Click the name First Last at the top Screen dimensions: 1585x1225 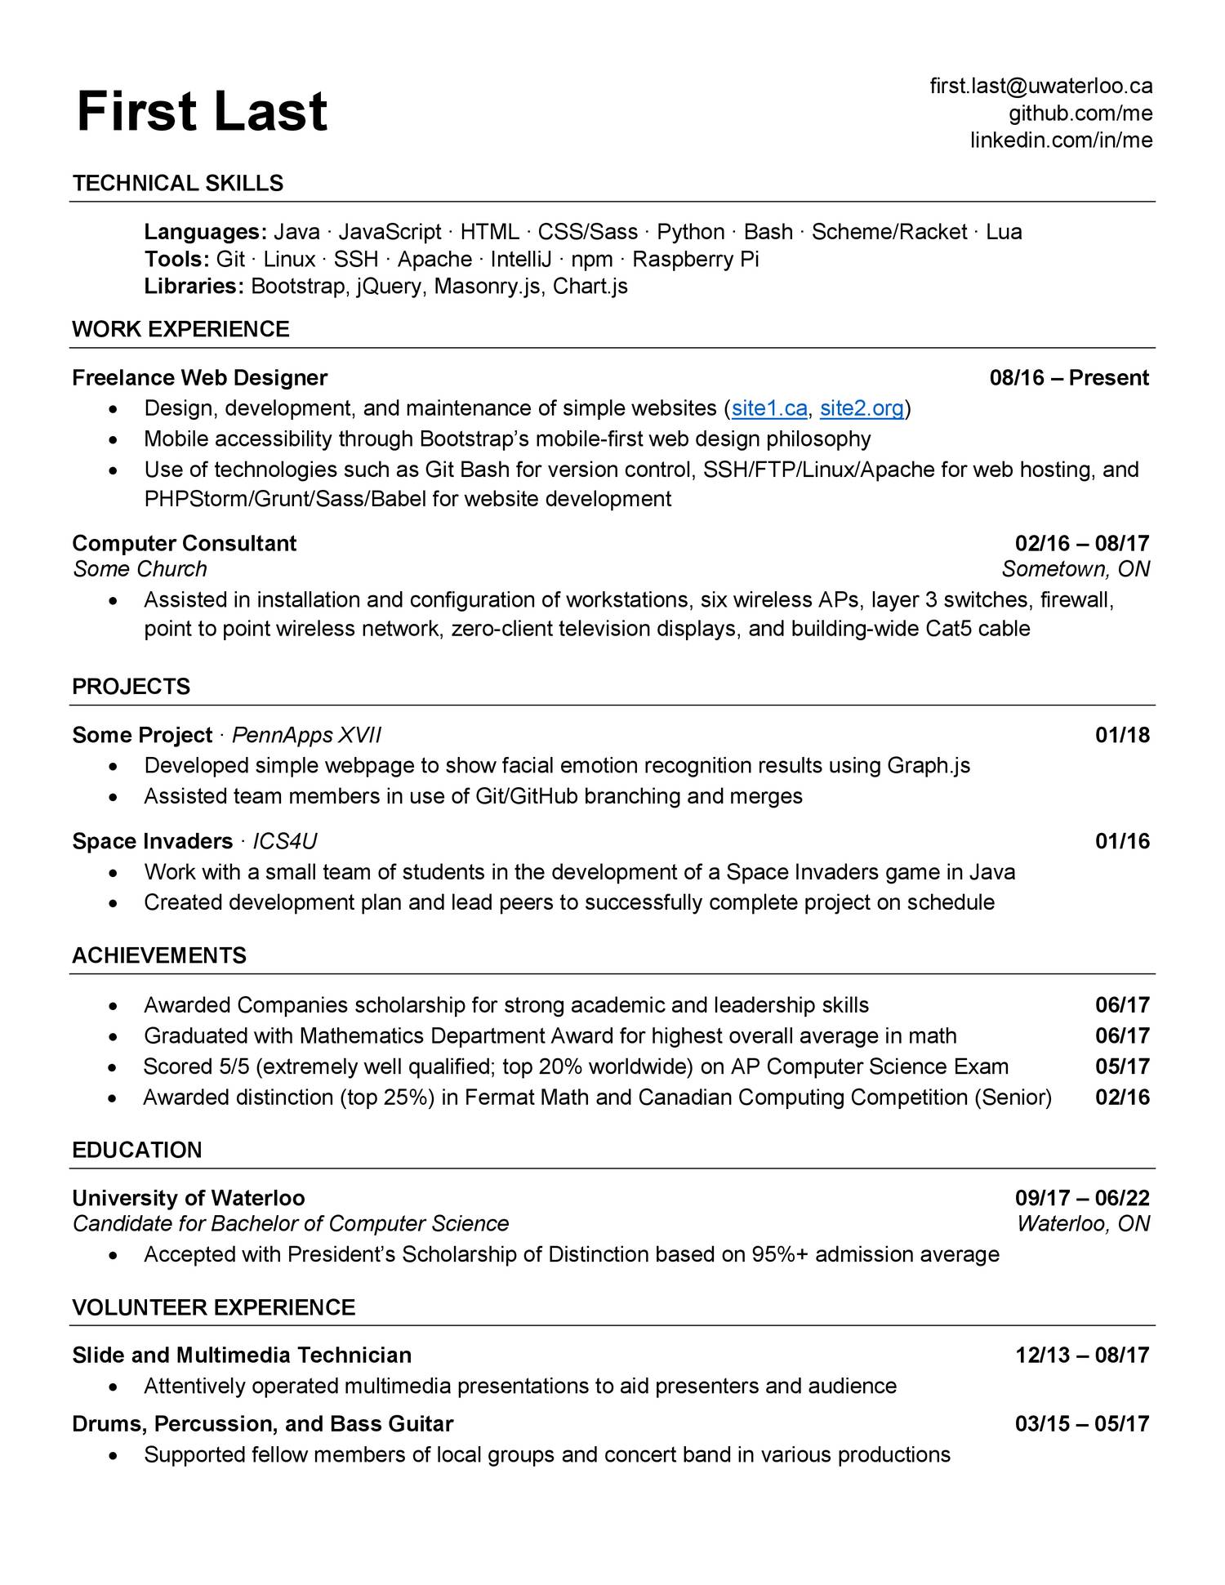tap(202, 112)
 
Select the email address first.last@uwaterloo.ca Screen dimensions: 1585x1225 tap(1040, 86)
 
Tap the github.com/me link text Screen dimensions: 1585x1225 tap(1080, 113)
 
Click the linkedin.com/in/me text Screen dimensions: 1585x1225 tap(1061, 140)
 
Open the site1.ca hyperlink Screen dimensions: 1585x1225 tap(768, 407)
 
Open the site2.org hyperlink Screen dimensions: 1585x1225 tap(862, 407)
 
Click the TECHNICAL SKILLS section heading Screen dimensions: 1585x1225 tap(177, 183)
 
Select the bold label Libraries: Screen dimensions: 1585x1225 tap(194, 286)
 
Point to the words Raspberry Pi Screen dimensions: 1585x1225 tap(695, 259)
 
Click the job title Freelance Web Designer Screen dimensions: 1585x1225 tap(199, 377)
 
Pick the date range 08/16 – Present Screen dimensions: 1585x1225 tap(1068, 377)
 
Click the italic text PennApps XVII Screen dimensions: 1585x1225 tap(306, 735)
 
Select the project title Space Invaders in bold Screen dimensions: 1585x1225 tap(152, 841)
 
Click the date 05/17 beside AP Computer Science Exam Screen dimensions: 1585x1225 tap(1121, 1066)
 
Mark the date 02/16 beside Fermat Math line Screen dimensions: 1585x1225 tap(1121, 1097)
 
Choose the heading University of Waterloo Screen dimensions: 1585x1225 tap(188, 1198)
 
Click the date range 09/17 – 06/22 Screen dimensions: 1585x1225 tap(1081, 1198)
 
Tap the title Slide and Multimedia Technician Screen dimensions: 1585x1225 tap(241, 1355)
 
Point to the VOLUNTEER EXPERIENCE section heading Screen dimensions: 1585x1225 tap(213, 1307)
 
